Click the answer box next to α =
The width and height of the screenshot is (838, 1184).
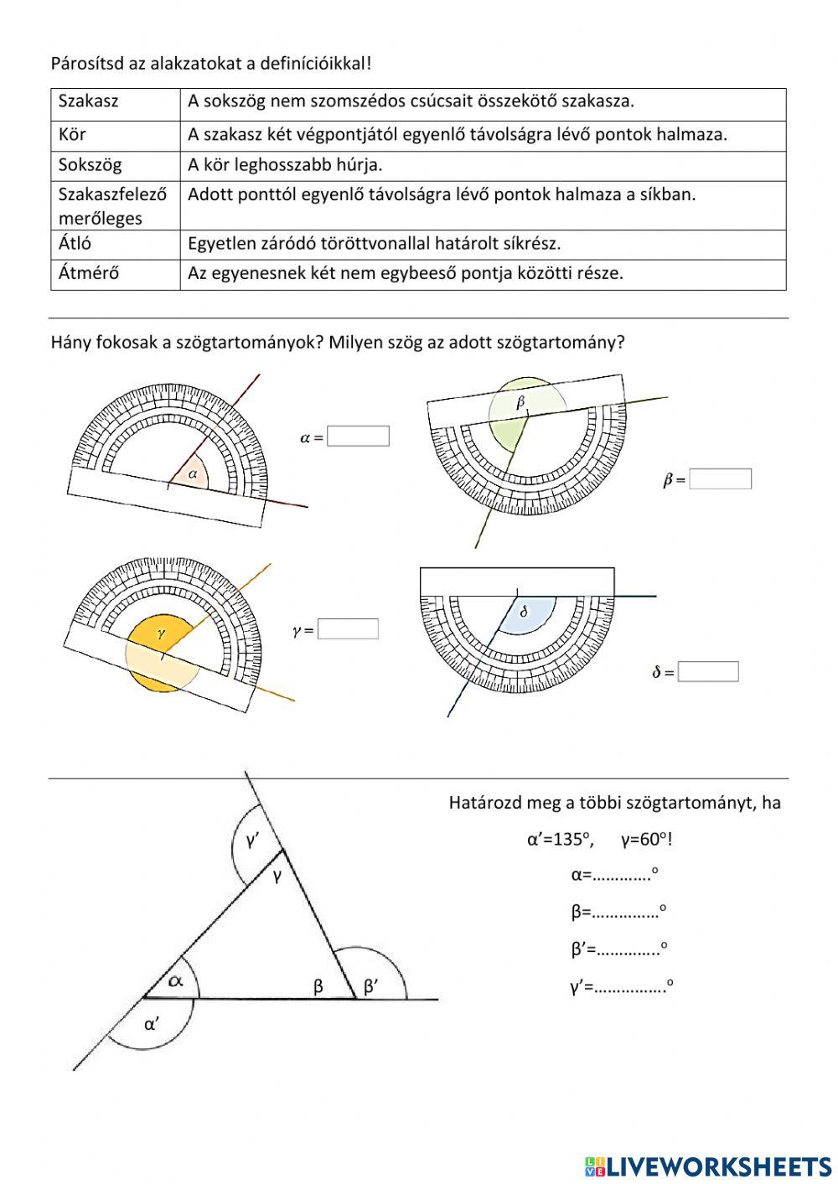pos(358,436)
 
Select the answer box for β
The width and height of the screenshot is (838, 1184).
pos(720,478)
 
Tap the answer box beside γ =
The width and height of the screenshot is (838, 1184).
pos(348,629)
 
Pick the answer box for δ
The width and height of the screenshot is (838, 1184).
pos(708,672)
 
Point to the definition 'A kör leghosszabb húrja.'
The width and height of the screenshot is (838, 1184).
pos(285,165)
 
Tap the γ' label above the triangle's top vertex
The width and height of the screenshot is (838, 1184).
pos(251,840)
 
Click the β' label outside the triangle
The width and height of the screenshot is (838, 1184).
pos(371,987)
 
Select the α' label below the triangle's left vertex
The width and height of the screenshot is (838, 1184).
pos(152,1023)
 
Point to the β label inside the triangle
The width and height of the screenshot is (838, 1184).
pos(318,987)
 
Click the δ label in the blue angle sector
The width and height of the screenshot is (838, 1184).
pos(525,612)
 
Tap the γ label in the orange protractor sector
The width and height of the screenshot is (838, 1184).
pos(162,634)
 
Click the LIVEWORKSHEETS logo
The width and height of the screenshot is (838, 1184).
pos(708,1165)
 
